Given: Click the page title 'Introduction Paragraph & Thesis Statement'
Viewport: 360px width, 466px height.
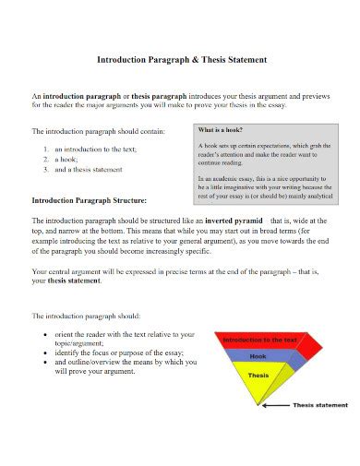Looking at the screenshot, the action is [x=182, y=59].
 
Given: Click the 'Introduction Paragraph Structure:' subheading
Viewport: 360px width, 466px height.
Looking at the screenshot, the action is [x=89, y=199].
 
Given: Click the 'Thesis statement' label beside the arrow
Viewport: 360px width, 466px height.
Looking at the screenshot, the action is [x=322, y=405].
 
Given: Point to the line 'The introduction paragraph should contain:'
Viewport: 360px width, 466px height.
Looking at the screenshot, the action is [x=99, y=131].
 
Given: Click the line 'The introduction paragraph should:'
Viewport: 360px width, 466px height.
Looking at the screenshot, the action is [x=87, y=315].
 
